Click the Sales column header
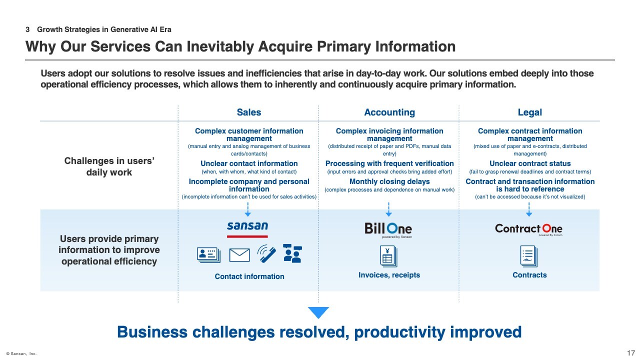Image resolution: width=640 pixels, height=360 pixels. point(249,112)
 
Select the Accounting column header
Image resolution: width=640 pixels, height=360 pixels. point(389,112)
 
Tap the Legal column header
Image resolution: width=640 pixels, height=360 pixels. point(529,112)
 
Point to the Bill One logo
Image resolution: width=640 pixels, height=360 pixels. point(388,229)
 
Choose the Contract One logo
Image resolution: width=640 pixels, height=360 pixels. point(529,229)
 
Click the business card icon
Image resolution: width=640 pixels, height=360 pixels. point(208,255)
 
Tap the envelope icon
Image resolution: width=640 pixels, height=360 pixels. point(239,255)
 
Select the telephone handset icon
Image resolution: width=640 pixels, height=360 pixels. point(266,253)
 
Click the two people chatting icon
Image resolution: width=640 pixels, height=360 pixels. point(292,253)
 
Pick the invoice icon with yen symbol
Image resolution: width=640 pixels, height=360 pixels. point(388,256)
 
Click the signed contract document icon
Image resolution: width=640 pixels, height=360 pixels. point(529,256)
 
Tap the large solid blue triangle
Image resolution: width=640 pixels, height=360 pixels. point(318,312)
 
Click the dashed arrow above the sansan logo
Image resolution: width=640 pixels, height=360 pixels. point(247,209)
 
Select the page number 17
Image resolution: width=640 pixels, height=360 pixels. point(631,353)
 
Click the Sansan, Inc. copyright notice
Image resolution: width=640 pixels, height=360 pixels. point(21,353)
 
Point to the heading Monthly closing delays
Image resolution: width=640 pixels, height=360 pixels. point(389,181)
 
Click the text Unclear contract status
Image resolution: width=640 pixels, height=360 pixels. point(530,163)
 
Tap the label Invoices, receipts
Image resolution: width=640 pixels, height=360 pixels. point(389,275)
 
